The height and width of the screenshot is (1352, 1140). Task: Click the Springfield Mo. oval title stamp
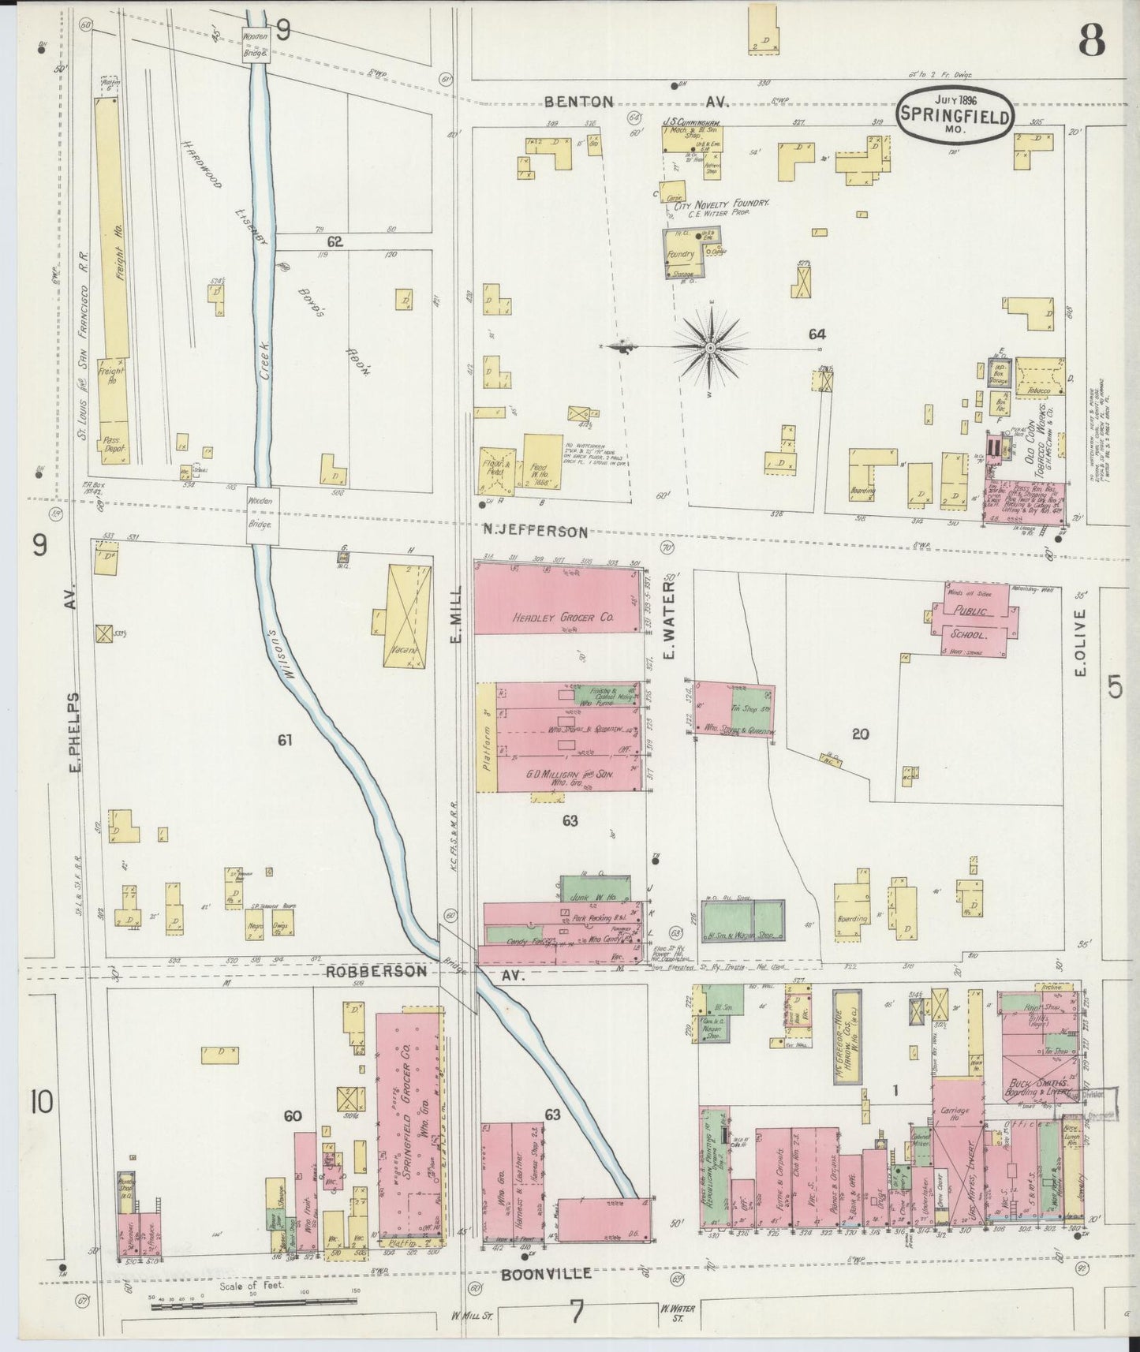tap(954, 115)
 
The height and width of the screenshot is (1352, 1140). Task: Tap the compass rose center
tap(710, 347)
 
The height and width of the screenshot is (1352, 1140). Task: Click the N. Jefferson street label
tap(536, 532)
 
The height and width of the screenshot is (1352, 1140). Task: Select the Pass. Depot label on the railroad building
tap(115, 446)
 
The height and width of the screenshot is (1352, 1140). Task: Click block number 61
tap(285, 740)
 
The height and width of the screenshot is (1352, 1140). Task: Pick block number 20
tap(860, 734)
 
